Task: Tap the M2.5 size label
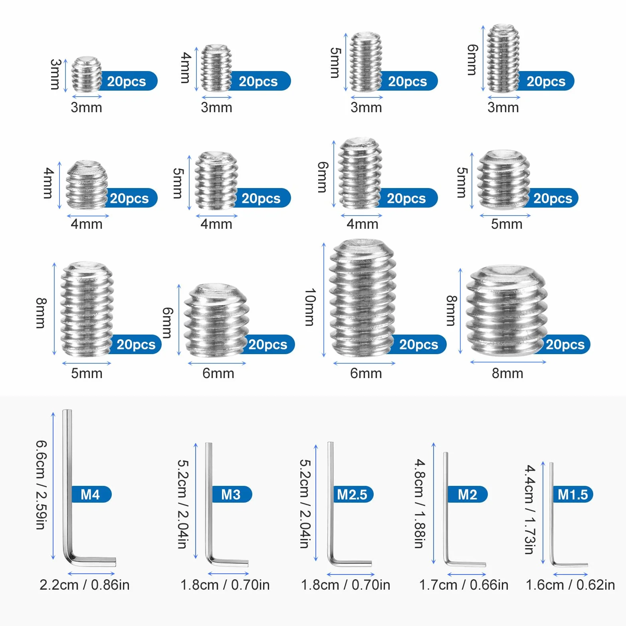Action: (352, 494)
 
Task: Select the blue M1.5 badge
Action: (573, 494)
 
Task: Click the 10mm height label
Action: (310, 307)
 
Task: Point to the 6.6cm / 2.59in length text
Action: (41, 485)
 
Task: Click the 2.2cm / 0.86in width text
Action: (85, 585)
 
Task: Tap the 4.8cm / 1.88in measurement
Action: (420, 503)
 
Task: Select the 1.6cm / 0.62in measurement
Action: (571, 585)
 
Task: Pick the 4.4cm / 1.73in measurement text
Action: (530, 509)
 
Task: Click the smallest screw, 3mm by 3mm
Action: (86, 74)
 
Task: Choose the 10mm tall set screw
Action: (363, 297)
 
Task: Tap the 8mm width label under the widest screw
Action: (507, 373)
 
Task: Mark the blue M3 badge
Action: (232, 494)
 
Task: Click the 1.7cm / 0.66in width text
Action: (464, 585)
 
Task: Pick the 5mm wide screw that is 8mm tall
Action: (87, 309)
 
